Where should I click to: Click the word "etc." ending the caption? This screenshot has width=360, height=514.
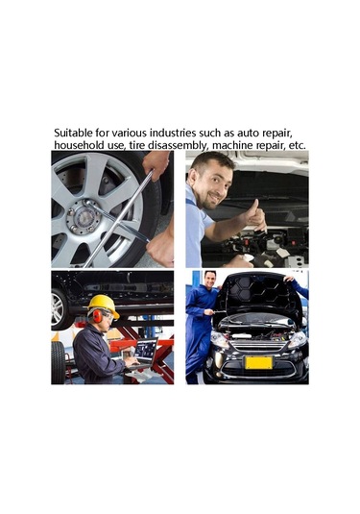[297, 145]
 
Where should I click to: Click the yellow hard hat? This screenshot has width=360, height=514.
[104, 306]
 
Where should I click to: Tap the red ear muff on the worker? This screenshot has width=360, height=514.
[97, 316]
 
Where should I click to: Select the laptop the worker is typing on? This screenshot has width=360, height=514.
[142, 353]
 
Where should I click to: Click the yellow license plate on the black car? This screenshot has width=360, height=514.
[259, 362]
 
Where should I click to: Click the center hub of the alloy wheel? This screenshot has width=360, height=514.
[84, 217]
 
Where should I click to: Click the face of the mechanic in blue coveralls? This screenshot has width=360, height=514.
[209, 280]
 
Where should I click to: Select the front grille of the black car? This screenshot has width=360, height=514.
[258, 345]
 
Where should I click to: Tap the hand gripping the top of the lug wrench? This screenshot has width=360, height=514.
[156, 164]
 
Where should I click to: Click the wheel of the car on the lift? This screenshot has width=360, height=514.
[60, 308]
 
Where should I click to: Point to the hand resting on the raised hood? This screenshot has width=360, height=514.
[289, 280]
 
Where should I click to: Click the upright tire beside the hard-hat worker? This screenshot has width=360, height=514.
[59, 362]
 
